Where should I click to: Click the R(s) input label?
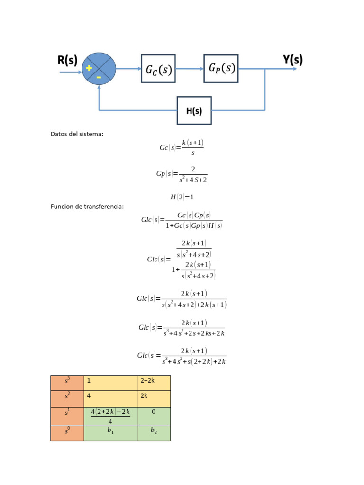pyautogui.click(x=67, y=60)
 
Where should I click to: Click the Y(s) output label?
pyautogui.click(x=292, y=60)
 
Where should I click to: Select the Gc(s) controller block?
pyautogui.click(x=158, y=69)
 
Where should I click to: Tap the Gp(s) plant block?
pyautogui.click(x=221, y=68)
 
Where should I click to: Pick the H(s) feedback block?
pyautogui.click(x=194, y=111)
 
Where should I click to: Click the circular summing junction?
pyautogui.click(x=99, y=69)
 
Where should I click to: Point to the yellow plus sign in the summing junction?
pyautogui.click(x=89, y=68)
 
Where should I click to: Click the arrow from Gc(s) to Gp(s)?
pyautogui.click(x=189, y=69)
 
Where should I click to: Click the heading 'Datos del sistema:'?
pyautogui.click(x=77, y=134)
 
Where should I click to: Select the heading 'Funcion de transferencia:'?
pyautogui.click(x=87, y=207)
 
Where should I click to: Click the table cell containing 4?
pyautogui.click(x=110, y=399)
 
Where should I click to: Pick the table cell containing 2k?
pyautogui.click(x=154, y=399)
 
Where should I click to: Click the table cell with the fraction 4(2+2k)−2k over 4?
pyautogui.click(x=110, y=416)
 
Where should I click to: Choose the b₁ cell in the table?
pyautogui.click(x=110, y=433)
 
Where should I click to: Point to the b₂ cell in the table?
pyautogui.click(x=154, y=433)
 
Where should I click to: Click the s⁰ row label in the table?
pyautogui.click(x=67, y=433)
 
